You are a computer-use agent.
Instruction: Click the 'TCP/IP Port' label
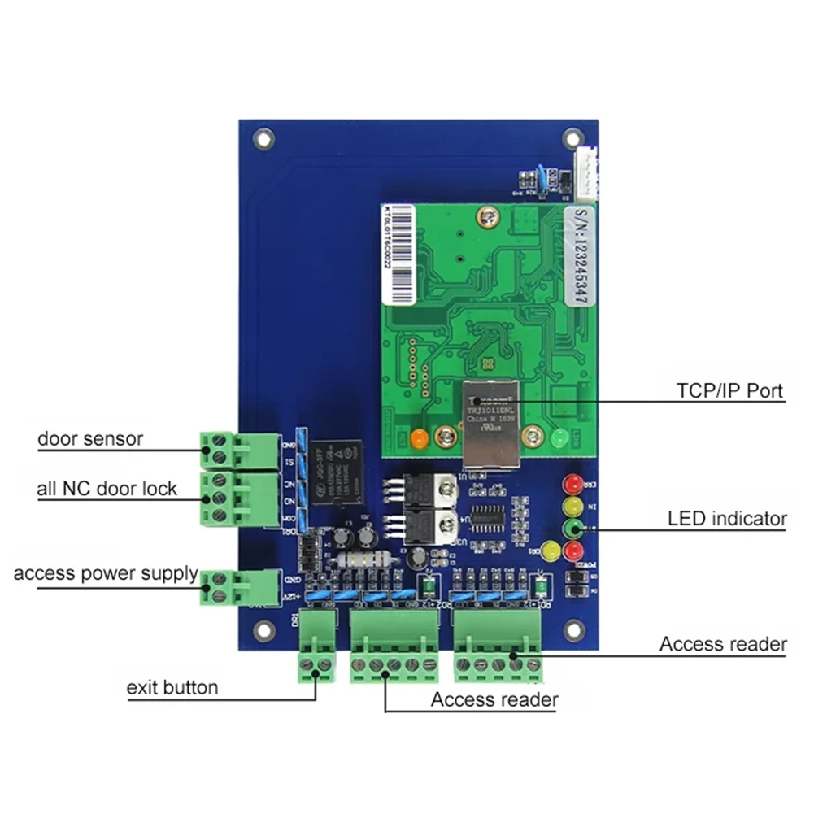tap(730, 390)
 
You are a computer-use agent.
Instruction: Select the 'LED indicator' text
tap(727, 518)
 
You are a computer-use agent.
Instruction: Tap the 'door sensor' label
tap(90, 439)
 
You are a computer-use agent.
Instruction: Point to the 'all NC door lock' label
tap(107, 489)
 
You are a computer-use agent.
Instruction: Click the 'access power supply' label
tap(106, 573)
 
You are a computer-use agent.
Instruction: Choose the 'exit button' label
tap(172, 688)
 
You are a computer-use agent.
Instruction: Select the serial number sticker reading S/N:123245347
tap(580, 255)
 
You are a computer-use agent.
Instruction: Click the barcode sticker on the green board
tap(398, 253)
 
